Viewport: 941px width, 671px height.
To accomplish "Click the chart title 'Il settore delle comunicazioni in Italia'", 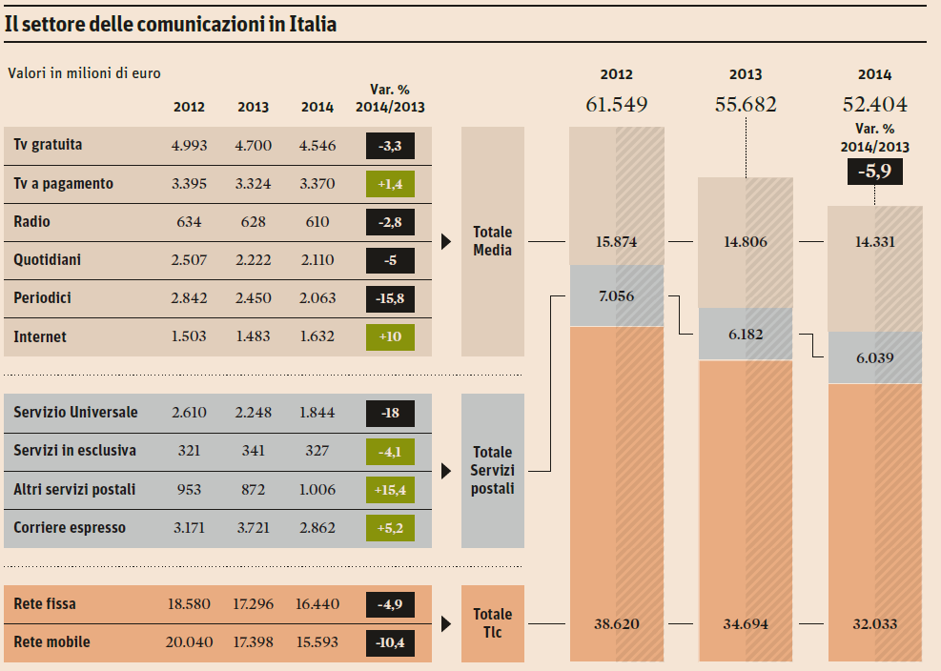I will tap(171, 25).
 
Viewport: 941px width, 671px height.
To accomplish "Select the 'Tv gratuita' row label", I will tap(48, 145).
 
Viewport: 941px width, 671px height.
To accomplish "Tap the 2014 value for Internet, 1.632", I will tap(317, 336).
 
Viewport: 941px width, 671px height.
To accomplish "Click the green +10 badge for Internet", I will tap(390, 336).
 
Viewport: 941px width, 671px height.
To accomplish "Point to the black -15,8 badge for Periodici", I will tap(390, 298).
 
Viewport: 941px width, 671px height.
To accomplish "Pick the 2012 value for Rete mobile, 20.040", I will tap(188, 642).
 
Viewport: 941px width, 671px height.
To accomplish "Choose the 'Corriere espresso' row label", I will tap(70, 528).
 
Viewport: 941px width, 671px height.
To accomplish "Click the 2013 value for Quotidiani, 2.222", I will tap(253, 260).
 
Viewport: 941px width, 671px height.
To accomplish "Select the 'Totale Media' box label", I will tap(492, 241).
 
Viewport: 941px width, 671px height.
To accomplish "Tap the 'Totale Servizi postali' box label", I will tap(492, 471).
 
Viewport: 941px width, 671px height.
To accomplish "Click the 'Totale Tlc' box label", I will tap(492, 623).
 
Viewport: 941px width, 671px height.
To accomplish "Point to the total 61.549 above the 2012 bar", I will tap(616, 105).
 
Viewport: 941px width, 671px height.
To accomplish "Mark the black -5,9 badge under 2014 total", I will tap(874, 172).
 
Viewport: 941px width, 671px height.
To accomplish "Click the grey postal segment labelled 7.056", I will tap(616, 296).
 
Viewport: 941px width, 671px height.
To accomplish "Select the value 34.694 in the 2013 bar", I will tap(745, 624).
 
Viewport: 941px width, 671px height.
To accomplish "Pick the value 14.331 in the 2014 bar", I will tap(874, 242).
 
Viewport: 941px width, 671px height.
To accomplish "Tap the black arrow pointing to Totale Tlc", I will tap(446, 624).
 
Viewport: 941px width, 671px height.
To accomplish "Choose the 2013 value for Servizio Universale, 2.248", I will tap(253, 413).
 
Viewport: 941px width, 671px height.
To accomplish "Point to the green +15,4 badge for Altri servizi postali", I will tap(390, 490).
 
